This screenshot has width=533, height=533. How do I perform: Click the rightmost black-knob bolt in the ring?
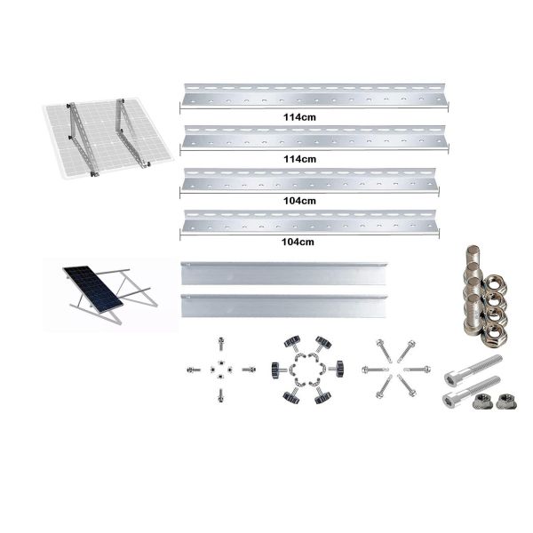(337, 366)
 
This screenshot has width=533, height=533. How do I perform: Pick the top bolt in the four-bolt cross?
(218, 343)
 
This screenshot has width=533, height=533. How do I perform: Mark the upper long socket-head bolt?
(475, 366)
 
